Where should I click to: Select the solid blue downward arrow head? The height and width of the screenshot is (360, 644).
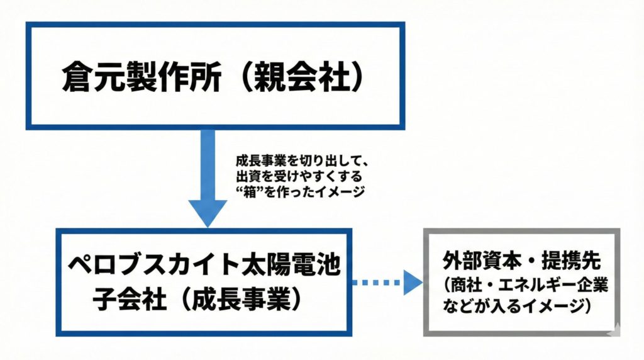(x=208, y=211)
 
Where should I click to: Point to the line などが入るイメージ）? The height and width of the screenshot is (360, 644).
(x=516, y=307)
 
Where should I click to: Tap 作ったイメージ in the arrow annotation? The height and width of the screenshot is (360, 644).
(x=321, y=193)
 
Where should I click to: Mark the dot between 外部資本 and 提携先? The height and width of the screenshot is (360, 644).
(x=523, y=260)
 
